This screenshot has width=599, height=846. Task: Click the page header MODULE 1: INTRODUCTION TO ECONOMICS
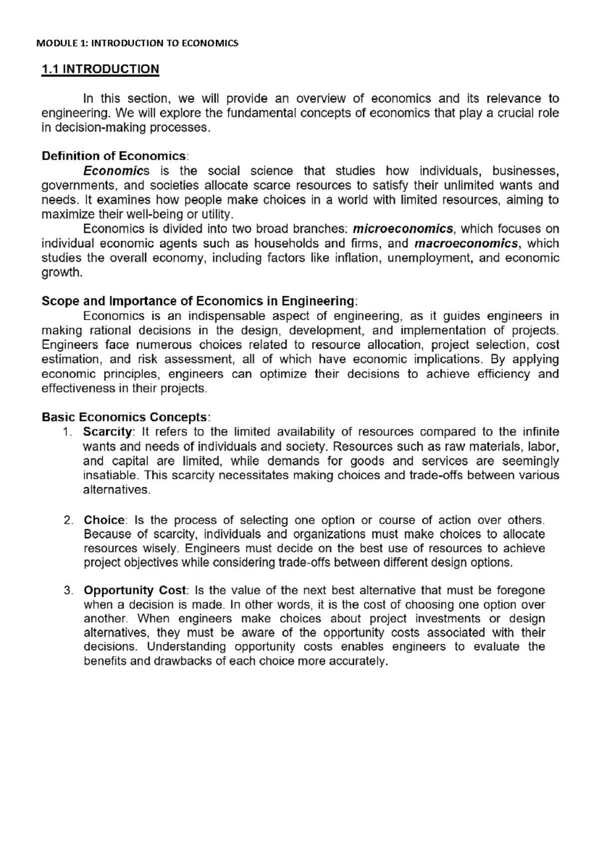coord(138,43)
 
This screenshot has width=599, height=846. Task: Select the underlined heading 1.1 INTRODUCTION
coord(100,69)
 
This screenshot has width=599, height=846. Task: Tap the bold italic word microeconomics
coord(403,229)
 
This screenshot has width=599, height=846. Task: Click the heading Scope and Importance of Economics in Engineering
coord(198,301)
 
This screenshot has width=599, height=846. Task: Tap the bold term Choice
coord(104,520)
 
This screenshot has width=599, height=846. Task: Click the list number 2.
coord(68,520)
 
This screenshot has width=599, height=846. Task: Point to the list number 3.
coord(68,591)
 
